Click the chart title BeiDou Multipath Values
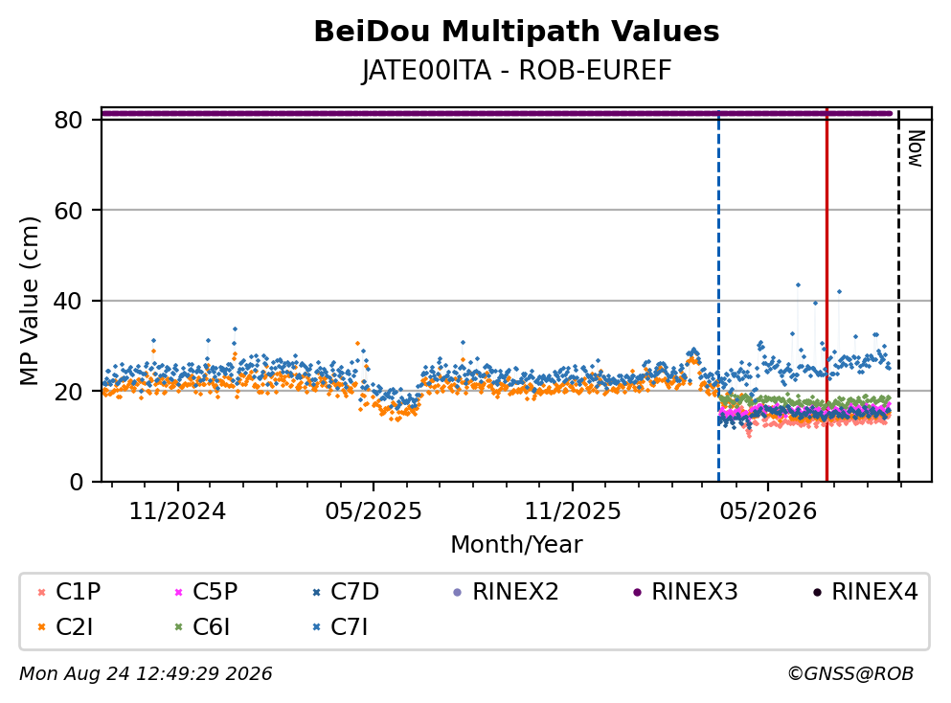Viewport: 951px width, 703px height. click(516, 32)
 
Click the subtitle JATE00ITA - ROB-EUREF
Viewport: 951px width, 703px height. click(516, 70)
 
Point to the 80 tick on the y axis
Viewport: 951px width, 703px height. click(68, 120)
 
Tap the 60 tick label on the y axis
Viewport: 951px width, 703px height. click(68, 211)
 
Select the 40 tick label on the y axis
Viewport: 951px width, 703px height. click(68, 301)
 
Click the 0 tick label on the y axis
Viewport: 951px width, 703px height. click(76, 482)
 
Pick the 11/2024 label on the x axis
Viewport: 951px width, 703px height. click(177, 511)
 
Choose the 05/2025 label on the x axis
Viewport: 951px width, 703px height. click(373, 511)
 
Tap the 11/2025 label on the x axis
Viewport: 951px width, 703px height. click(573, 511)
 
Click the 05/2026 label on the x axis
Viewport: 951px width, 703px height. click(768, 511)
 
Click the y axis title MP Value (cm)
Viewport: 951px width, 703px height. click(29, 301)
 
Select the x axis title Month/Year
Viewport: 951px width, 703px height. click(516, 545)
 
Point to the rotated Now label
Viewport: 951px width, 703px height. click(916, 148)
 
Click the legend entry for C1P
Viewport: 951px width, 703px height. click(69, 591)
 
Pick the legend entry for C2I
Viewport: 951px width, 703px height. click(65, 627)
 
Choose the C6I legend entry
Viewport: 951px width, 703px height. click(202, 627)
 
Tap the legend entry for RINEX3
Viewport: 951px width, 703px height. click(686, 591)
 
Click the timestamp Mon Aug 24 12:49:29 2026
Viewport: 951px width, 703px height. click(146, 674)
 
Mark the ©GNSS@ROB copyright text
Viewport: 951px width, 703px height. click(850, 674)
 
